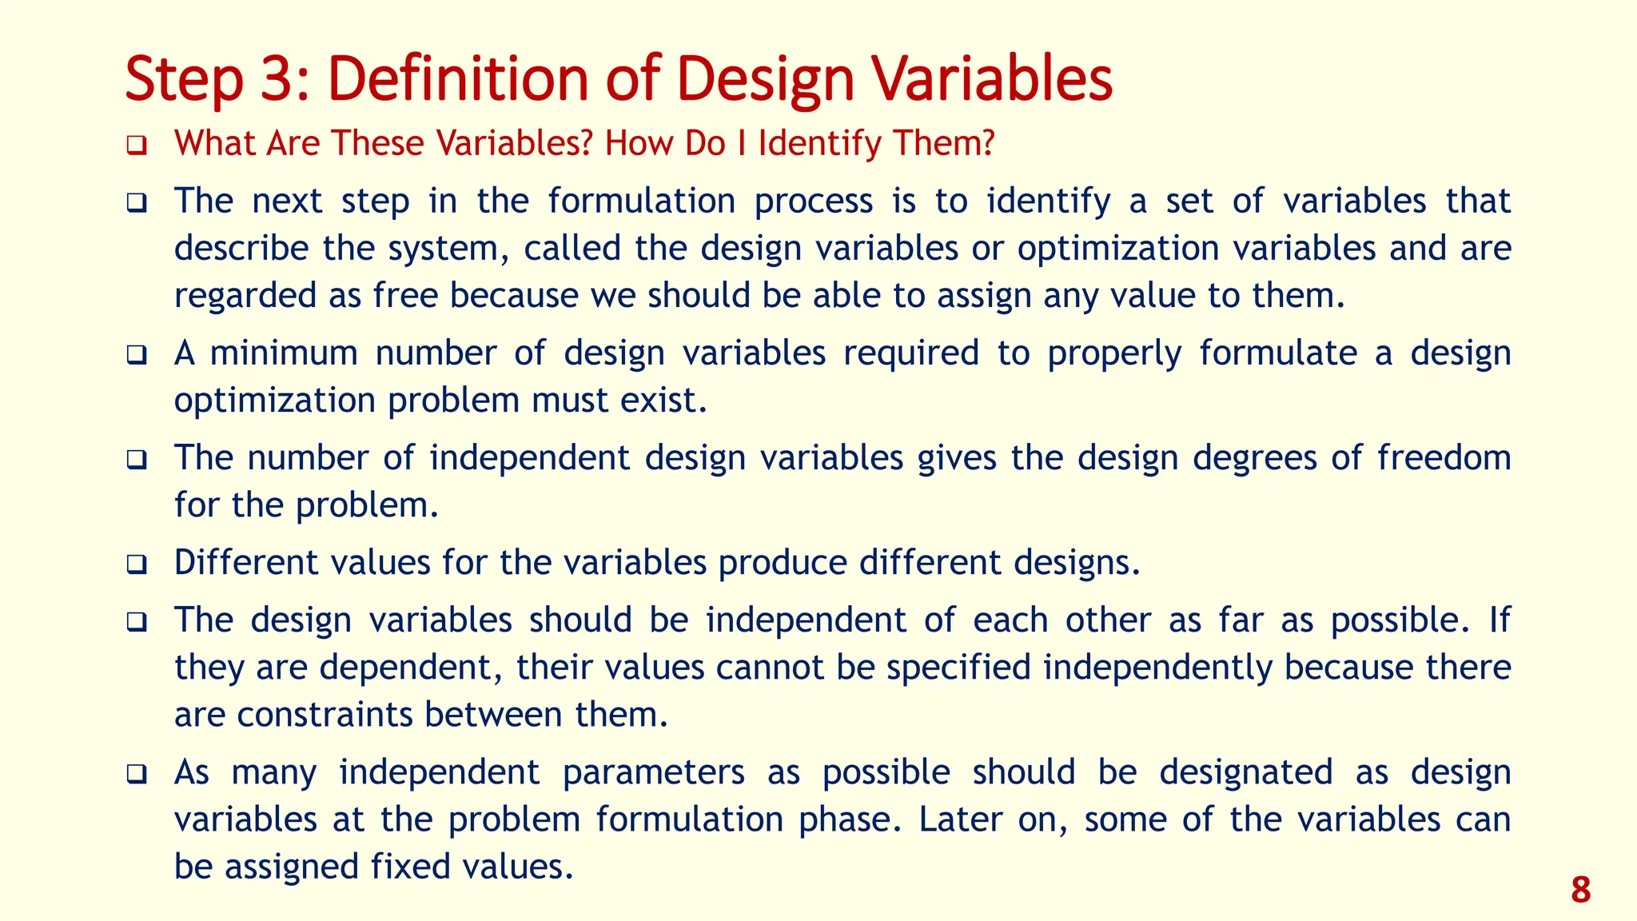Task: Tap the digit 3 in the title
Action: tap(277, 79)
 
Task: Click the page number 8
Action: tap(1580, 890)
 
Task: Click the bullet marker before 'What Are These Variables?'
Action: tap(137, 146)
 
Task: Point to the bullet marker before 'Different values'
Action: tap(137, 565)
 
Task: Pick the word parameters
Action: tap(653, 772)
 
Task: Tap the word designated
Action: tap(1245, 772)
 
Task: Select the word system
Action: tap(448, 249)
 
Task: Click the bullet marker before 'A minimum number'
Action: tap(137, 355)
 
